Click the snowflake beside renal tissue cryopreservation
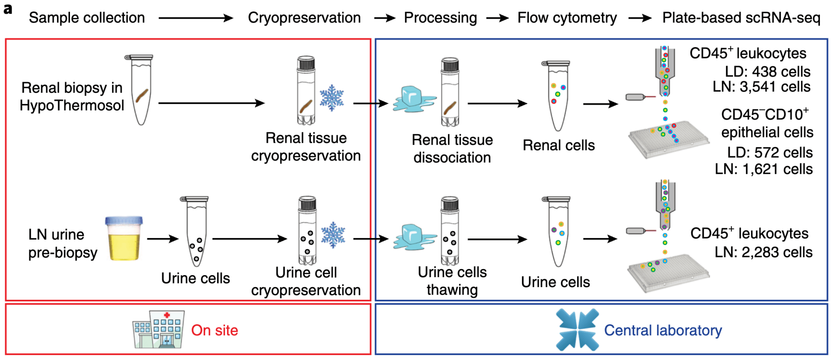point(332,98)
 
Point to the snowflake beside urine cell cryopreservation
point(333,235)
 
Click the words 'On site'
point(215,330)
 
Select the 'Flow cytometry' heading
point(567,18)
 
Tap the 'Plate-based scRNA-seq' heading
point(741,18)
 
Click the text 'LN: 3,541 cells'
point(761,87)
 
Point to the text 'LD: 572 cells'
point(770,153)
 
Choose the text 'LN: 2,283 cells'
point(764,252)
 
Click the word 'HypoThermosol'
point(72,105)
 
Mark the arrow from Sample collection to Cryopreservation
point(196,18)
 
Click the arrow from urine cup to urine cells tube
point(163,239)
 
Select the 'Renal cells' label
point(559,145)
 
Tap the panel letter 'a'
point(8,9)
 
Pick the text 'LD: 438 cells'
point(768,72)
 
